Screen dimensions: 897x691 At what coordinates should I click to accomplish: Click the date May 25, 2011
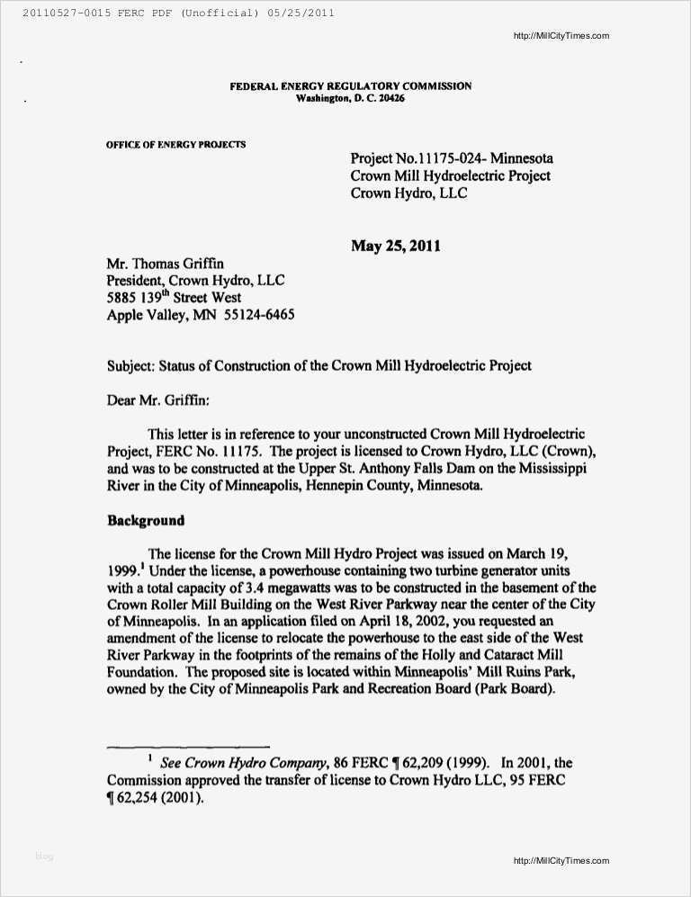(395, 246)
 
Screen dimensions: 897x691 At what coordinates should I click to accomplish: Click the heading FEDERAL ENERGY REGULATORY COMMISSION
(350, 86)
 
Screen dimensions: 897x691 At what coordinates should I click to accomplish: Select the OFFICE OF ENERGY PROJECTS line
(175, 145)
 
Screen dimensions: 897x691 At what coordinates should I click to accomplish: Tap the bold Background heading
(146, 520)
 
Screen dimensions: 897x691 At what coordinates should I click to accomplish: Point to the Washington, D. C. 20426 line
(350, 98)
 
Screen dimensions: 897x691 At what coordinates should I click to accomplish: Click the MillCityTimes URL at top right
(561, 36)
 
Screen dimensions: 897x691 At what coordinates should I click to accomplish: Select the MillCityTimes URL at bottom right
(561, 861)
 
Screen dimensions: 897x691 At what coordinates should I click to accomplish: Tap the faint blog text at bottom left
(44, 857)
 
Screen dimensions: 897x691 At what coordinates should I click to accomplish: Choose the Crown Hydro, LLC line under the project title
(408, 193)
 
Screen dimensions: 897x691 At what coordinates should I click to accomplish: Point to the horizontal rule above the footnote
(188, 747)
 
